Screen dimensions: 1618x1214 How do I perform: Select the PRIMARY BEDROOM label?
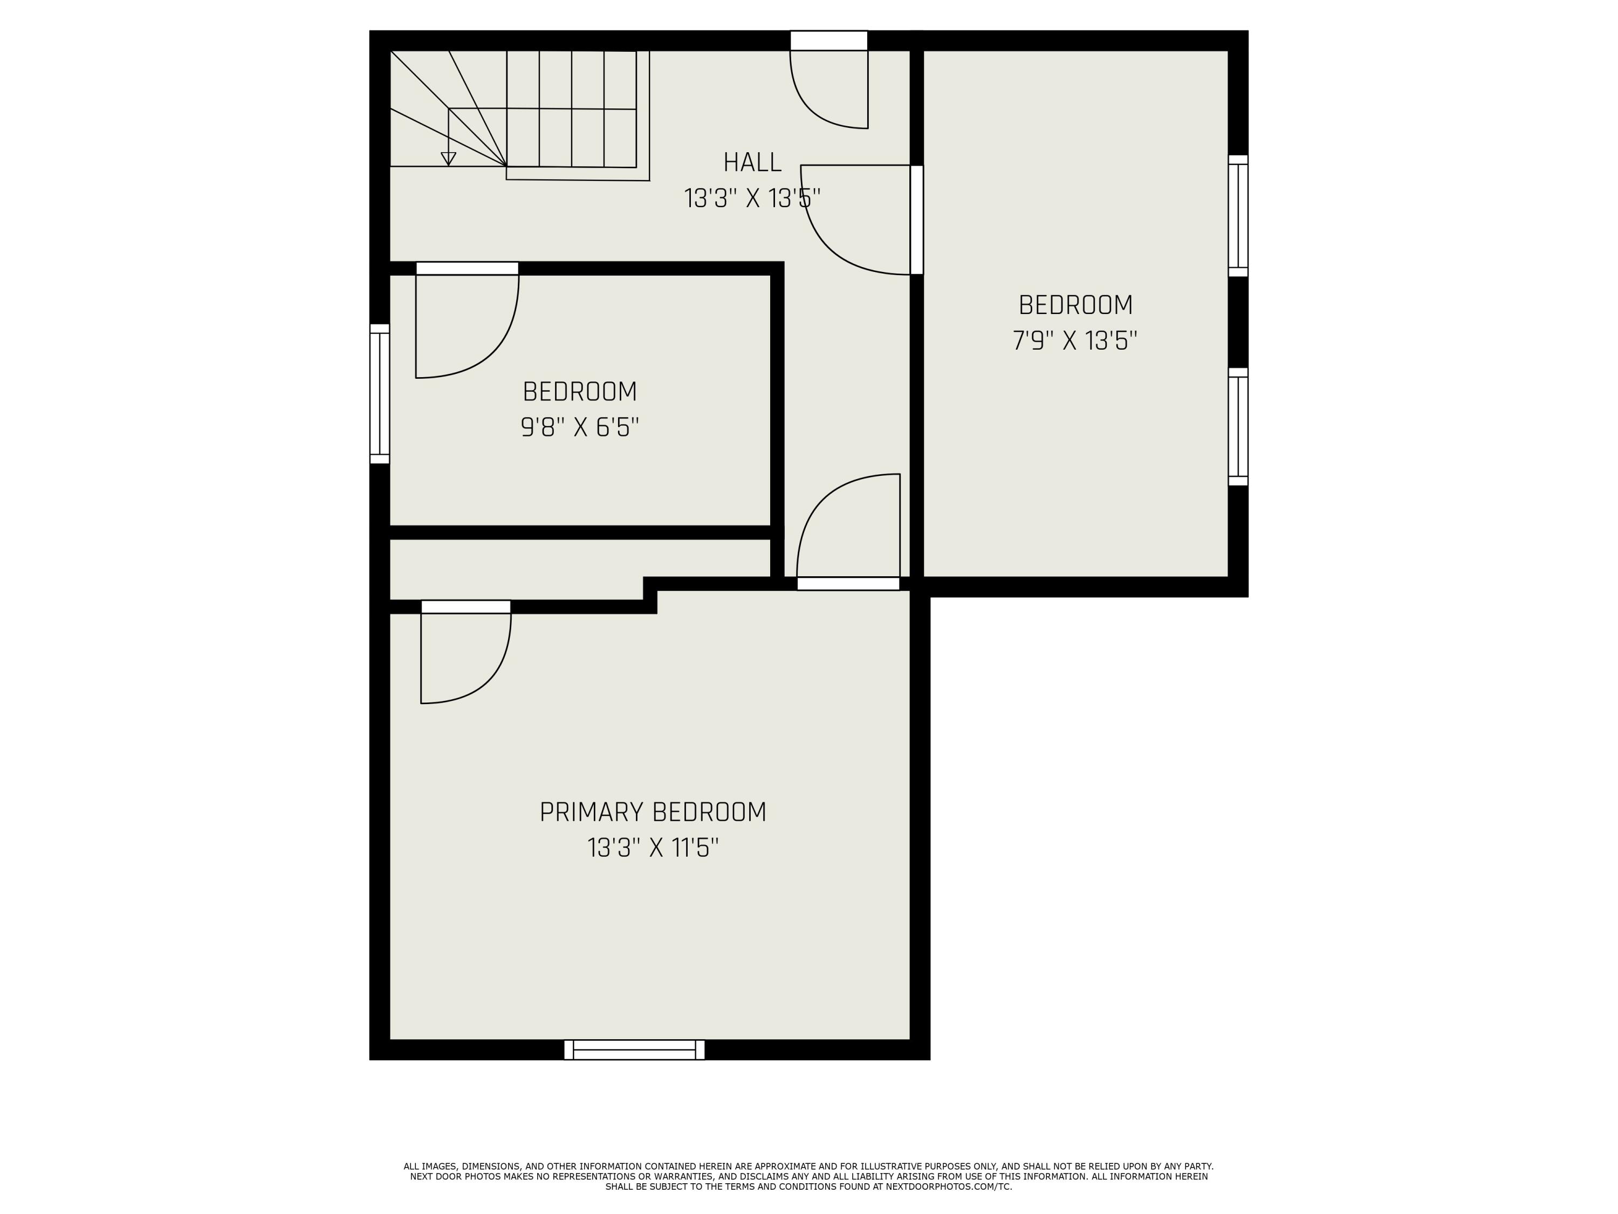(x=653, y=812)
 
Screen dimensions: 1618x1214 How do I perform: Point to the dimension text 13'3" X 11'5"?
(x=653, y=848)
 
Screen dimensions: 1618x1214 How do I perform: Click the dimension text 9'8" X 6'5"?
(x=579, y=427)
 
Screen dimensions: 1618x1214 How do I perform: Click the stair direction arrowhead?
(x=448, y=159)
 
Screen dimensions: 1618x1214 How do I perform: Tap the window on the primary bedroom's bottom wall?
(x=634, y=1049)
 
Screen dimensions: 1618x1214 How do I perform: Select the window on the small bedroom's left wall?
(x=380, y=394)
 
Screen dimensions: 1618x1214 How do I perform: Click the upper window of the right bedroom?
(x=1238, y=216)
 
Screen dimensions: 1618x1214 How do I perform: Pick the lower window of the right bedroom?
(x=1238, y=427)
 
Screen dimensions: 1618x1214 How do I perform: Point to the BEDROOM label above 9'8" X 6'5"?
(x=579, y=392)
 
